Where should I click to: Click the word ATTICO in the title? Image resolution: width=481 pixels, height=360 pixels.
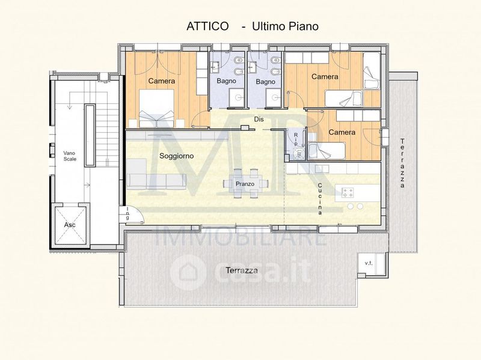(207, 26)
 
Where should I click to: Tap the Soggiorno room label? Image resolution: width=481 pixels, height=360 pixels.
(176, 156)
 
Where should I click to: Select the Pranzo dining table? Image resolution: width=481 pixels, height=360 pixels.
(245, 184)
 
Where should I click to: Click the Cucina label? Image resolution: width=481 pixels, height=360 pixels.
(320, 199)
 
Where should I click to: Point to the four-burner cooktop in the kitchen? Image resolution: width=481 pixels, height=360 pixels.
(348, 192)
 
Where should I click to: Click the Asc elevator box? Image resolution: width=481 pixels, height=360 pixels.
(70, 224)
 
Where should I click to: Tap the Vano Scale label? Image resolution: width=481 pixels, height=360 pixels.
(70, 156)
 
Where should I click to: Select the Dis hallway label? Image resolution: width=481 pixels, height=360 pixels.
(259, 119)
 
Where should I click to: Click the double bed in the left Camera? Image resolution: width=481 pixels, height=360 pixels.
(157, 108)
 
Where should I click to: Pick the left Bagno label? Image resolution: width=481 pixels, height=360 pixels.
(227, 81)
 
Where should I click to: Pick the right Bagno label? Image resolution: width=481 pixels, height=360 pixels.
(265, 82)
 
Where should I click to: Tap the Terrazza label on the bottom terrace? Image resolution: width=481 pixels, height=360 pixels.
(242, 270)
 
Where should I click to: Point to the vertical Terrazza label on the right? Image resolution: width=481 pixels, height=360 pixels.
(402, 163)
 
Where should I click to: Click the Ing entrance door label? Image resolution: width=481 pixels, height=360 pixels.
(127, 213)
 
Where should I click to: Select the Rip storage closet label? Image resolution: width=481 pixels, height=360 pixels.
(296, 139)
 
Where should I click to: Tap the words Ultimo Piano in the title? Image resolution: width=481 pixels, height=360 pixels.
(285, 26)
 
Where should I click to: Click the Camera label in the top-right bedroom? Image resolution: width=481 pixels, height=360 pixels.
(325, 76)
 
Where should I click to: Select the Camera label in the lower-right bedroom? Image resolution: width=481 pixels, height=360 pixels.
(342, 132)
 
